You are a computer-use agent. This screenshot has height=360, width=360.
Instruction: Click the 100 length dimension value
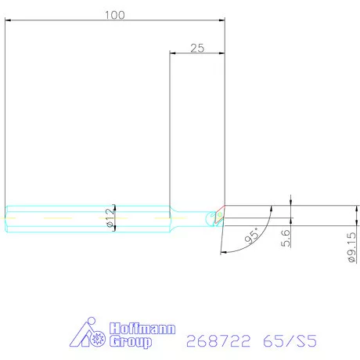pos(115,15)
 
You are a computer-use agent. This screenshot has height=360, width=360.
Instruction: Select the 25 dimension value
pos(197,49)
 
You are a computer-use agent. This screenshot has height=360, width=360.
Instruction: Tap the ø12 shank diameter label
pos(110,218)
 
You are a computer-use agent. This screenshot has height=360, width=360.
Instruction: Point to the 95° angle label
pos(252,236)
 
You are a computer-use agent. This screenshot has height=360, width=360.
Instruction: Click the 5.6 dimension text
pos(286,238)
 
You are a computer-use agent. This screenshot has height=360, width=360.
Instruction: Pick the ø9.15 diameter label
pos(352,247)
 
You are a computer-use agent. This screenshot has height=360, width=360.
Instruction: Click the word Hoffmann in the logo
pos(142,329)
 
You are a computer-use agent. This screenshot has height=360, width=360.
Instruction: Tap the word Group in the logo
pos(131,341)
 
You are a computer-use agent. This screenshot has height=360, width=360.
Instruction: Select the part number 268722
pos(218,340)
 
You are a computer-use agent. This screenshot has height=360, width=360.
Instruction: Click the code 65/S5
pos(290,340)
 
